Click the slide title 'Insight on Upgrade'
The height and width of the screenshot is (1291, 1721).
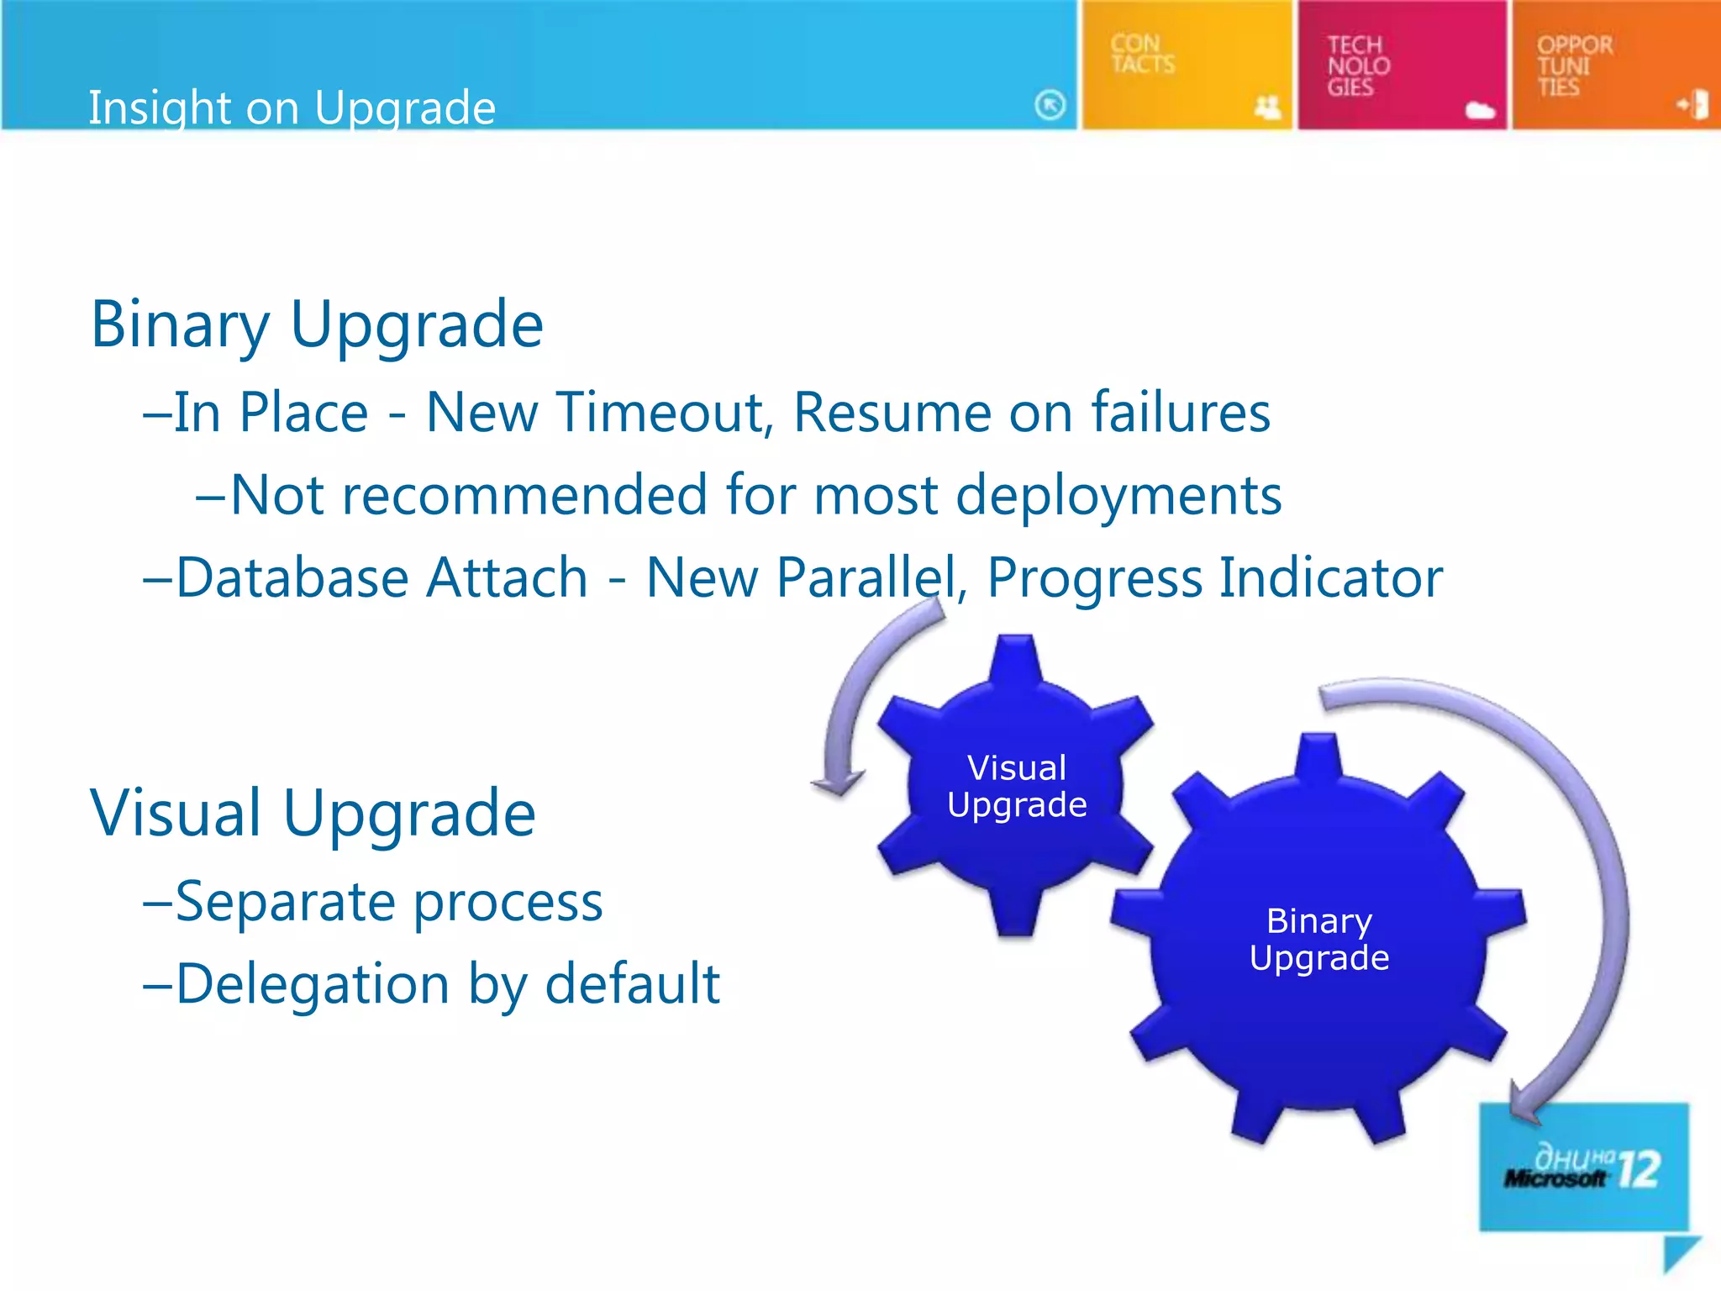pyautogui.click(x=292, y=108)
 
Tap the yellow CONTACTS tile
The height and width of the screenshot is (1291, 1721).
pyautogui.click(x=1185, y=65)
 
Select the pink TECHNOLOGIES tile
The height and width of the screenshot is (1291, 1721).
pyautogui.click(x=1401, y=65)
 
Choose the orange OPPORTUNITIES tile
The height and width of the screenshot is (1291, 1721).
pyautogui.click(x=1615, y=65)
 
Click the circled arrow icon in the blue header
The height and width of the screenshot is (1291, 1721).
pyautogui.click(x=1050, y=105)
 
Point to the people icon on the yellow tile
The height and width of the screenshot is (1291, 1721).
pyautogui.click(x=1267, y=107)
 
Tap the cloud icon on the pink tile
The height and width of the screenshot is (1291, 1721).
pyautogui.click(x=1480, y=110)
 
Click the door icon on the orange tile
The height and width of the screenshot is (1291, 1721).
pyautogui.click(x=1693, y=105)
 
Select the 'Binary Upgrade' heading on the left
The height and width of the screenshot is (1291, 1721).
pyautogui.click(x=317, y=324)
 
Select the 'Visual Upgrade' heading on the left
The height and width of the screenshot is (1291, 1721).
pyautogui.click(x=313, y=813)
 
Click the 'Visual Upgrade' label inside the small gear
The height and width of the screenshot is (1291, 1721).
pyautogui.click(x=1017, y=786)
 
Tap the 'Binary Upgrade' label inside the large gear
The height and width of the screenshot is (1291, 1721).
pyautogui.click(x=1318, y=939)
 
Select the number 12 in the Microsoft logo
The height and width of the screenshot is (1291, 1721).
pyautogui.click(x=1639, y=1168)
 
